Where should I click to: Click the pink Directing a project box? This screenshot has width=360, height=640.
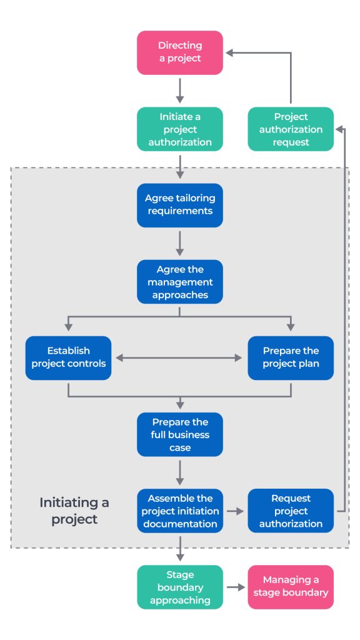(x=180, y=52)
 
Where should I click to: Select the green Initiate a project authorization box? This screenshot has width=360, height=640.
(x=180, y=129)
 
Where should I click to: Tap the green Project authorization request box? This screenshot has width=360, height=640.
(x=291, y=129)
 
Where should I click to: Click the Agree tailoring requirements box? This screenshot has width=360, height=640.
(x=180, y=205)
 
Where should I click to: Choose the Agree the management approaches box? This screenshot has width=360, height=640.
(x=180, y=282)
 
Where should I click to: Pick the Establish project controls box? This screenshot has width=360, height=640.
(x=68, y=357)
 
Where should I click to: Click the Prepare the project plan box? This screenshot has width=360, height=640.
(x=291, y=357)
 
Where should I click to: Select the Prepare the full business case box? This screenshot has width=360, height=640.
(x=180, y=434)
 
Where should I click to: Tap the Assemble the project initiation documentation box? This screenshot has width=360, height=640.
(x=180, y=511)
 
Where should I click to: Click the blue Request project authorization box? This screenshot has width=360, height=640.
(x=291, y=511)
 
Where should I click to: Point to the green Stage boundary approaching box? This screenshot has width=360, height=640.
(x=180, y=587)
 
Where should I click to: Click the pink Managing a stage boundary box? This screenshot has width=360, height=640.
(x=291, y=587)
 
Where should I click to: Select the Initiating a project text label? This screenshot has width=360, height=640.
(x=74, y=511)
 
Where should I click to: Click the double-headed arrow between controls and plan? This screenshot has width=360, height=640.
(x=179, y=358)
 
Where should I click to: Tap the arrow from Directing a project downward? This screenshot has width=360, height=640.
(x=180, y=91)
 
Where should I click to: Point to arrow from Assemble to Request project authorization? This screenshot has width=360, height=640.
(x=235, y=511)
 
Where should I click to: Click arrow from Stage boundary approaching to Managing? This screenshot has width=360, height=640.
(x=235, y=587)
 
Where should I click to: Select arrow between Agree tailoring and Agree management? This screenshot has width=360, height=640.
(x=180, y=243)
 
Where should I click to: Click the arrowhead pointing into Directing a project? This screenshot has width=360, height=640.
(x=230, y=53)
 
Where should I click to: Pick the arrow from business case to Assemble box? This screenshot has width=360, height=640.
(x=180, y=472)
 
